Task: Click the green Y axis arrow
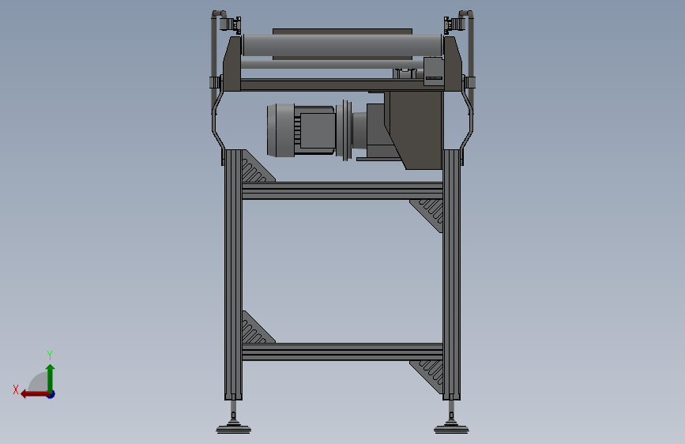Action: click(x=51, y=378)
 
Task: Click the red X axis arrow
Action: click(x=35, y=394)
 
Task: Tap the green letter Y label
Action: click(x=50, y=355)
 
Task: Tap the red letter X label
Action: click(x=16, y=389)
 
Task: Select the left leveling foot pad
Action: click(x=233, y=429)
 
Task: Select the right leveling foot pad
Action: click(x=451, y=429)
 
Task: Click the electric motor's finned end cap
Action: click(x=280, y=130)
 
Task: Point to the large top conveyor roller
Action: click(x=343, y=45)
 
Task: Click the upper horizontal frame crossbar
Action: click(x=343, y=190)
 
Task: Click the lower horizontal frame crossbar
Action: click(x=343, y=352)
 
